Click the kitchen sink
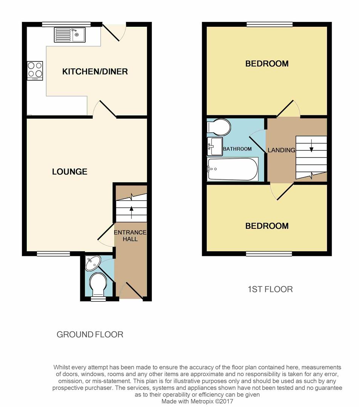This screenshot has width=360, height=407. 70,35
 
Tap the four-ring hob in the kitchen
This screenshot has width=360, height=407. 35,70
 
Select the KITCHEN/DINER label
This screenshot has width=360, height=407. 95,72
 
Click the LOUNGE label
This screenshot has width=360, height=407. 70,171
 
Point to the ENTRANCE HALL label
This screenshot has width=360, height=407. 130,236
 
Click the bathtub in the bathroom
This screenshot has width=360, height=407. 233,169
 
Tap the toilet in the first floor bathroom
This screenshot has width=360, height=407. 219,127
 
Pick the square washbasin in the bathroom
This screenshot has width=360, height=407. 214,146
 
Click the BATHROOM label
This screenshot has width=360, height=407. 237,149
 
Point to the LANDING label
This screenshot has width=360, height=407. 282,150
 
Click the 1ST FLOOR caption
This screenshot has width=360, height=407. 270,289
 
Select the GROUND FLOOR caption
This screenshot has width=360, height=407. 90,334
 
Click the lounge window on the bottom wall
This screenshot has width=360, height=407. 54,254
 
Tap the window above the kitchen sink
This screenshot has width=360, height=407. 66,24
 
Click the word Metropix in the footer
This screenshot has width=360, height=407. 203,401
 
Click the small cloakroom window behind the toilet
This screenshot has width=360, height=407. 98,299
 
